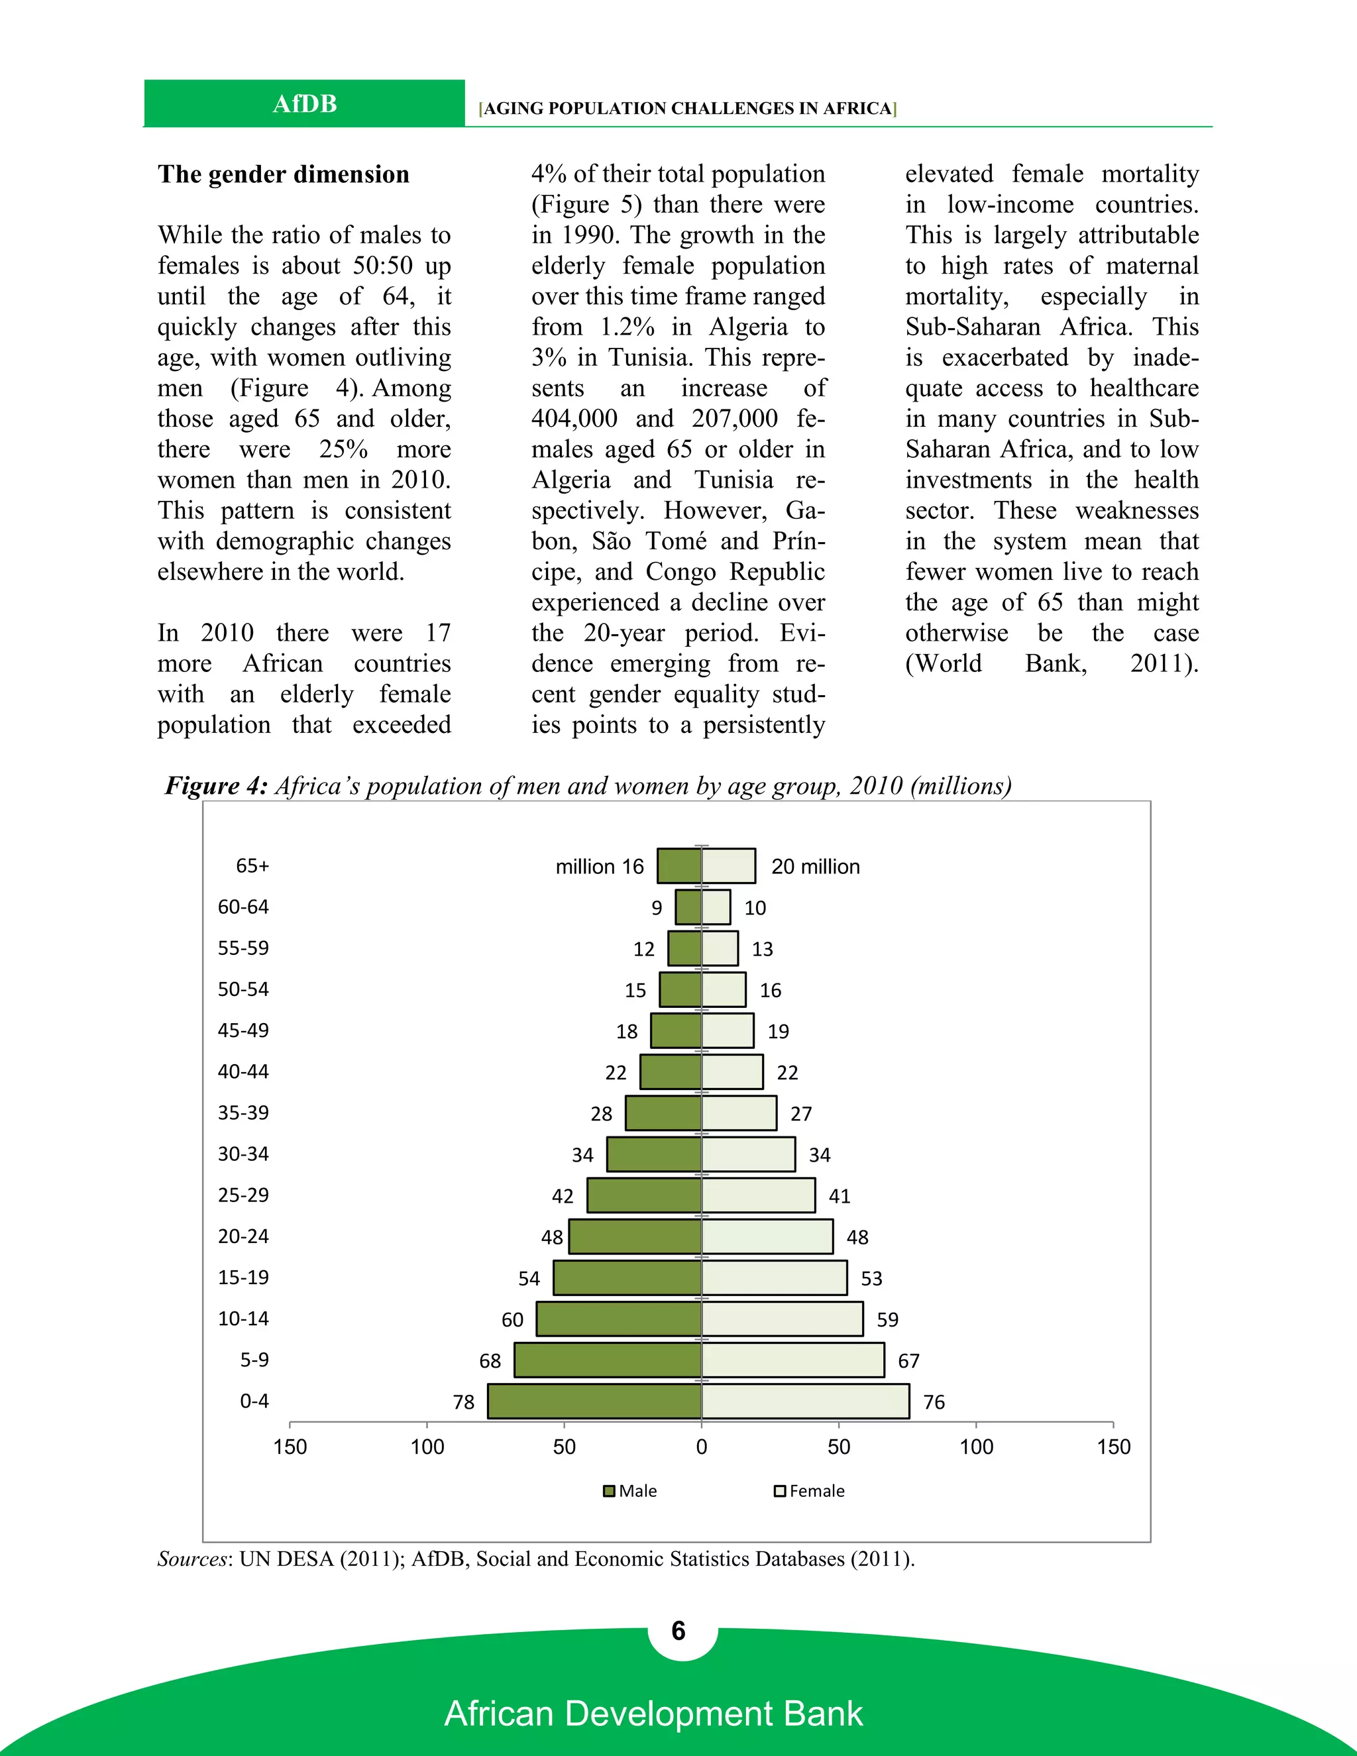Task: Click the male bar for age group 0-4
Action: coord(595,1401)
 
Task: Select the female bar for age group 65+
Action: coord(728,866)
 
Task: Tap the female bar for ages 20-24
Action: coord(767,1236)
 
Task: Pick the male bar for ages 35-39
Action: coord(663,1114)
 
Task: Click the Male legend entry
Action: coord(630,1492)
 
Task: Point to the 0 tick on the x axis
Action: coord(702,1447)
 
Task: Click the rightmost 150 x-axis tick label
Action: coord(1113,1447)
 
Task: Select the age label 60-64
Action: coord(243,907)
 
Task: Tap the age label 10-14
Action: coord(243,1319)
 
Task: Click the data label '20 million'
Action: coord(815,867)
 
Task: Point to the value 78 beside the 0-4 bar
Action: coord(464,1402)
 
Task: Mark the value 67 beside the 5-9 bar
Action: coord(908,1361)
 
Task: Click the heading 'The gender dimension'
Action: coord(283,174)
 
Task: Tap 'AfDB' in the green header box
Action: coord(304,104)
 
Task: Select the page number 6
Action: coord(678,1631)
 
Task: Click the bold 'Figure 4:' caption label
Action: coord(216,785)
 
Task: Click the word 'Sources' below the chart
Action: coord(193,1559)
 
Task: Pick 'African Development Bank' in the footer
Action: coord(653,1714)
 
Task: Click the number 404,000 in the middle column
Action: coord(574,419)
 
